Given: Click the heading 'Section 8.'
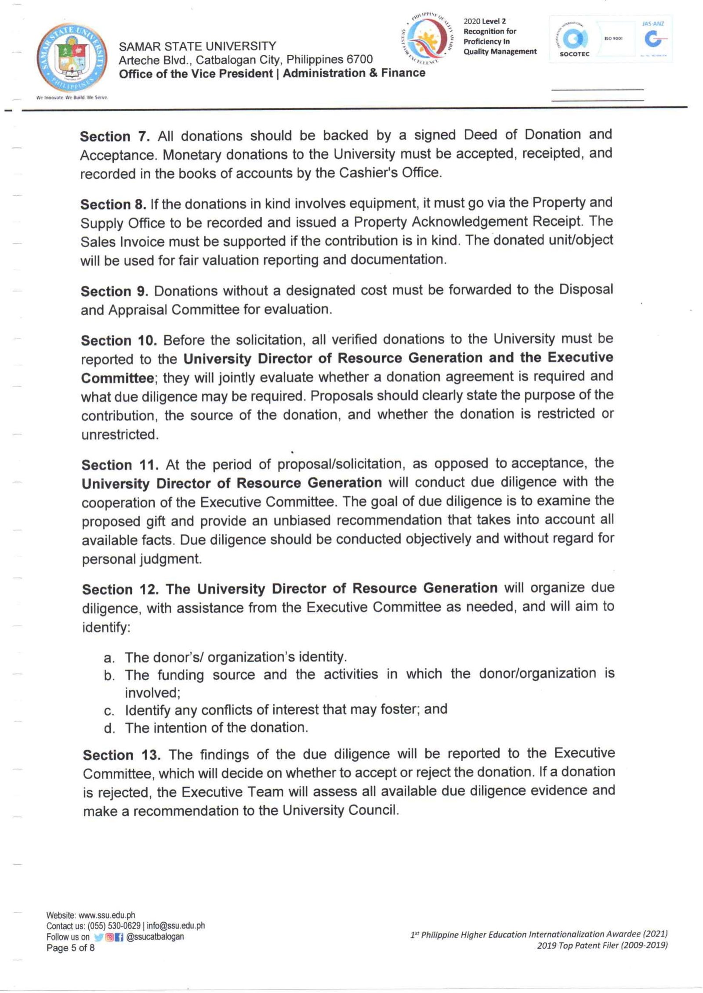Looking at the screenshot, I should [113, 205].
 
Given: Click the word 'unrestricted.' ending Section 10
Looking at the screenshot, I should [120, 435].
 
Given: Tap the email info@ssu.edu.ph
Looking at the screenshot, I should [176, 925].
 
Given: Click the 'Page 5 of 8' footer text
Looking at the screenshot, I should [70, 948].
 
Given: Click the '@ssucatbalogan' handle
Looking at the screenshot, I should [155, 936].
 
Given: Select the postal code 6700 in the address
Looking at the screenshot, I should [359, 59].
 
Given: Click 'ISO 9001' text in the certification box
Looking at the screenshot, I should [613, 39].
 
